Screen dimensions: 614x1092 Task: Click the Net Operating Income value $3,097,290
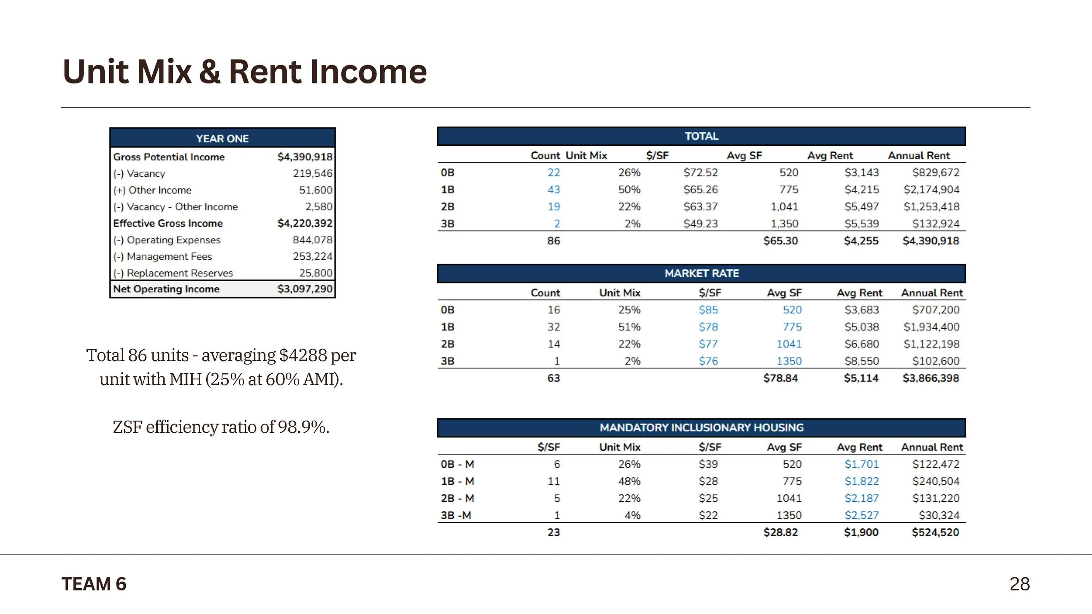(x=304, y=289)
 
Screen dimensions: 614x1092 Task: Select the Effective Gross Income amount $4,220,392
(x=304, y=223)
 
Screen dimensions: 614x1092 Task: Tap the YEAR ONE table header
(x=222, y=138)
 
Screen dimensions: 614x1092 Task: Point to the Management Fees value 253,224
(x=312, y=256)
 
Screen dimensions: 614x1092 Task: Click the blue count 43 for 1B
(x=553, y=190)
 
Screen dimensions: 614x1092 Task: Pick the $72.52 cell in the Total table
(x=700, y=172)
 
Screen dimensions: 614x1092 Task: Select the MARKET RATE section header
(x=702, y=273)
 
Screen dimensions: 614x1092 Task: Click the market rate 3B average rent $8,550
(x=861, y=361)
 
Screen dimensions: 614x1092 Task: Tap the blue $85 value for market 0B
(x=708, y=310)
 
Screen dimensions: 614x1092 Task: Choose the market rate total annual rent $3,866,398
(x=931, y=378)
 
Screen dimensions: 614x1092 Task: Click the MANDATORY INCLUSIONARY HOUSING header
(x=702, y=428)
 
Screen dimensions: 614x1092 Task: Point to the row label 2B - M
(x=457, y=498)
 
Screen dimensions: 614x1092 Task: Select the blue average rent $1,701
(x=861, y=464)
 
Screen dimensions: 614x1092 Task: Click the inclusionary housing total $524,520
(x=935, y=532)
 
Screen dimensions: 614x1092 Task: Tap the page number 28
(x=1019, y=584)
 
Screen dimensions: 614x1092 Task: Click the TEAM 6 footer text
(x=94, y=584)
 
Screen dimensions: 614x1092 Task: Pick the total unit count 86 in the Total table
(x=553, y=241)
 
